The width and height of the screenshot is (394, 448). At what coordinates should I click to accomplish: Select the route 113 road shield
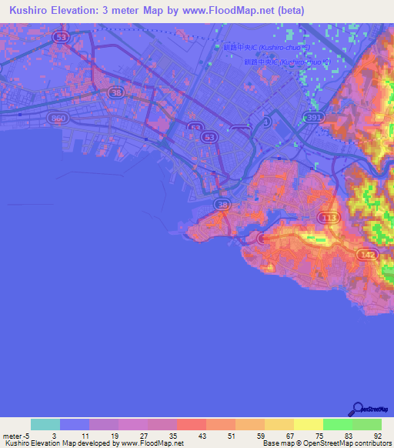click(328, 219)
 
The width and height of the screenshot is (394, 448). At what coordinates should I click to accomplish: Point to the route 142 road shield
click(366, 253)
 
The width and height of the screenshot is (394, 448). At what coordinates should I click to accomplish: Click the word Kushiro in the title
click(25, 11)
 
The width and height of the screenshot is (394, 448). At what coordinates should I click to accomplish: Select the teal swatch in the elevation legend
click(45, 424)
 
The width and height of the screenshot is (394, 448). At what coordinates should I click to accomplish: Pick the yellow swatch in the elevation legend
click(308, 424)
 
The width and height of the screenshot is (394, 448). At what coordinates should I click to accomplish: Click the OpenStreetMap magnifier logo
click(359, 410)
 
